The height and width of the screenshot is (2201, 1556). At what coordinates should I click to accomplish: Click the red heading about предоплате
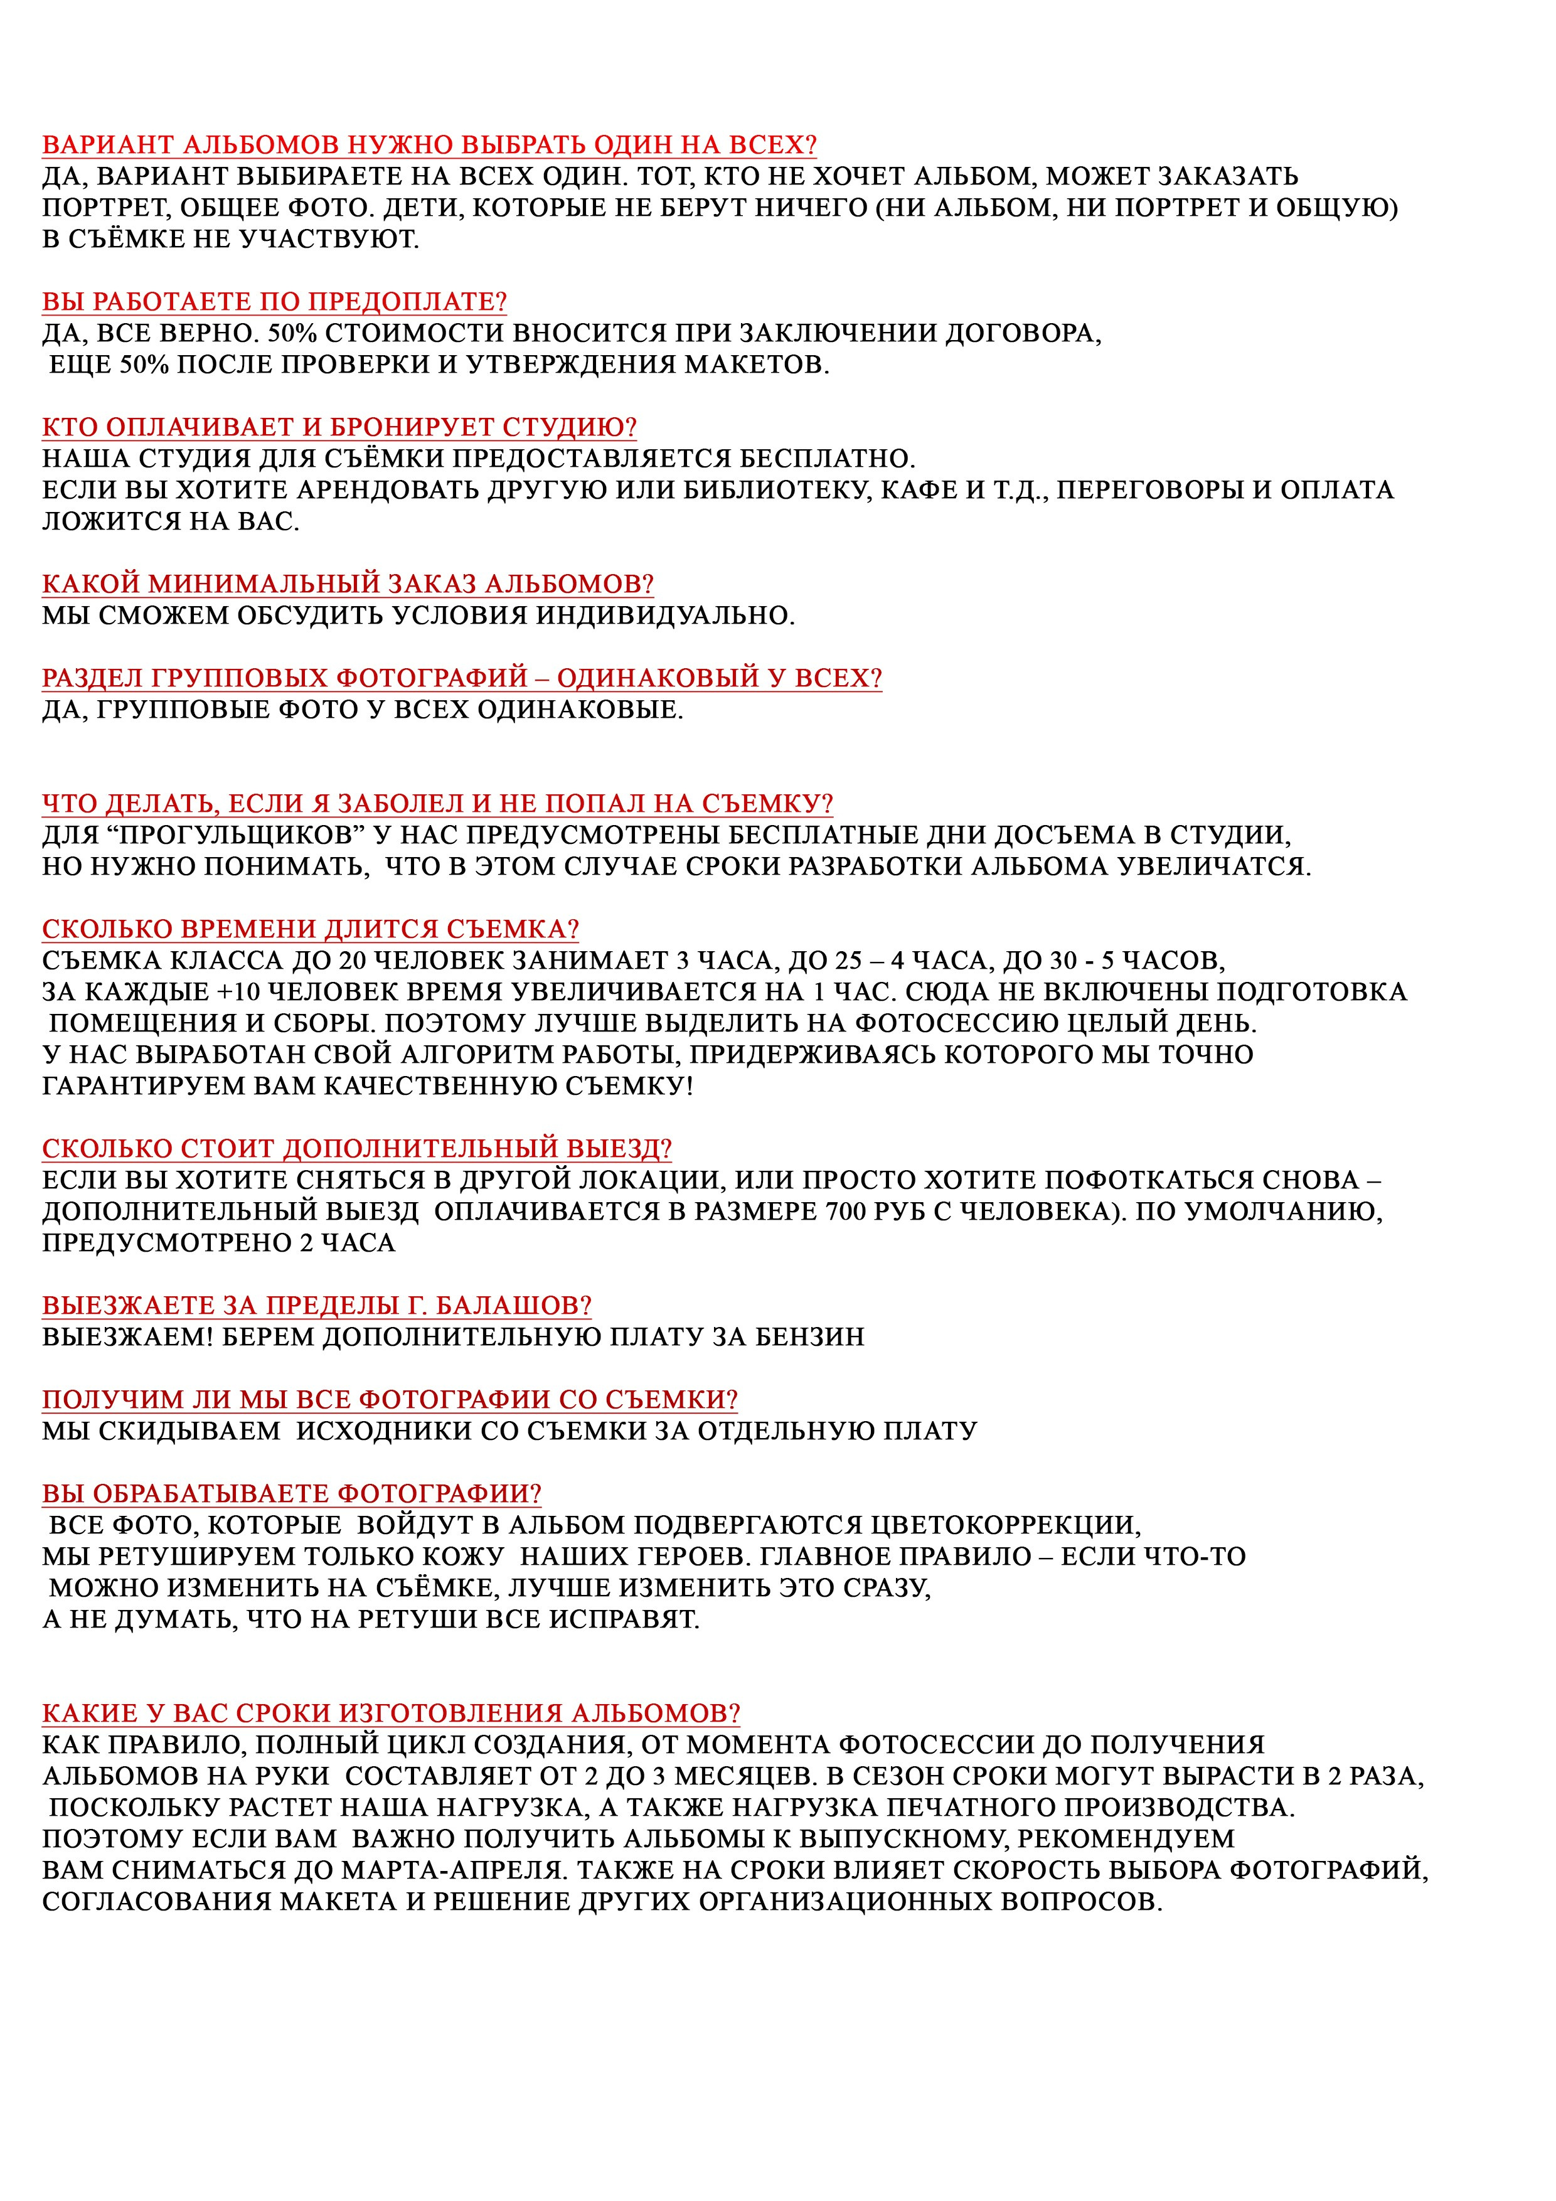point(274,302)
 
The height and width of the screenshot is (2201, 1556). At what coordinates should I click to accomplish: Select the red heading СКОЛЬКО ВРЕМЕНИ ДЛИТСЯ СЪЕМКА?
point(311,929)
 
